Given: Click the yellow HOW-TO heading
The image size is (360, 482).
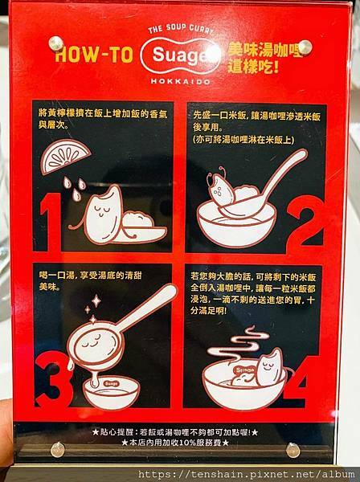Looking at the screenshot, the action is point(94,55).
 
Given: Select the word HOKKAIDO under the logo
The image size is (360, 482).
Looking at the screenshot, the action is point(181,81).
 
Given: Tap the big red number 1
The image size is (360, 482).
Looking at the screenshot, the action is point(51,222).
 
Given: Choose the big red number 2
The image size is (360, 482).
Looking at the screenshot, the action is point(305,224).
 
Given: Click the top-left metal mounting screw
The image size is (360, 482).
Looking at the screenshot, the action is point(56,43).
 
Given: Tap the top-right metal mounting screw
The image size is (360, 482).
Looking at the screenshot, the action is point(305,47).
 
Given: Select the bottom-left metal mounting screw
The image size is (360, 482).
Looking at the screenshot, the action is point(58,449).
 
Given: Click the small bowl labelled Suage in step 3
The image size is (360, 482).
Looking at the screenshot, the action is point(111,392).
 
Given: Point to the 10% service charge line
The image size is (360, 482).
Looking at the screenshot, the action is point(175,443).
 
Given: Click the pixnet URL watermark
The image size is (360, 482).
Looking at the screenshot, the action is point(246,474).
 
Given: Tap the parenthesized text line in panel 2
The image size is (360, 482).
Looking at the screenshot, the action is point(243,140).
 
